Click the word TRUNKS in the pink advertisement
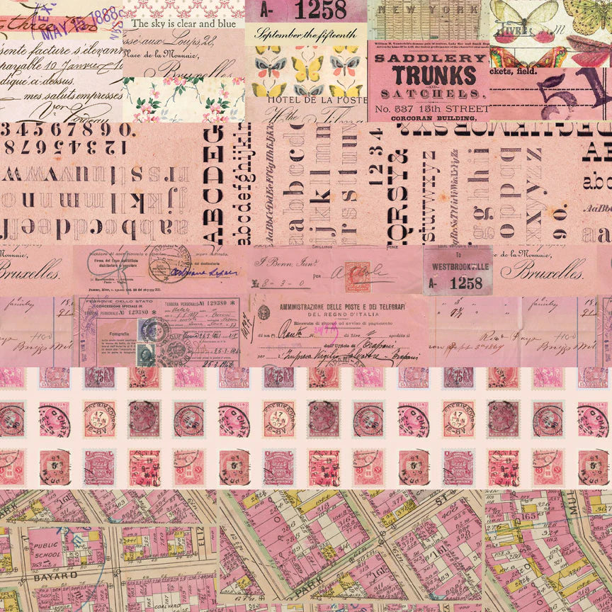tap(429, 75)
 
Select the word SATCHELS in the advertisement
tap(429, 93)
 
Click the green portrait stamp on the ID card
tap(146, 353)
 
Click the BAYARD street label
tap(47, 577)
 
